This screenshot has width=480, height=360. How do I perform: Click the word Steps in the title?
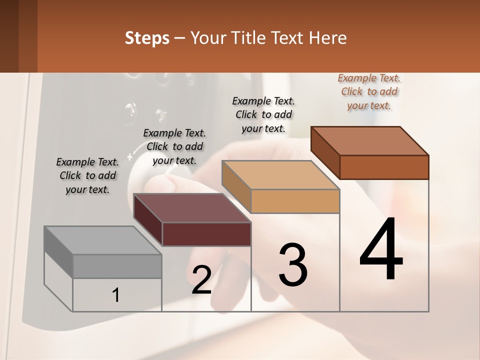point(147,38)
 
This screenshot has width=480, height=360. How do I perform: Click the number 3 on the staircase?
point(293,264)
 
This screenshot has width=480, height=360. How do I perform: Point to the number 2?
point(201,279)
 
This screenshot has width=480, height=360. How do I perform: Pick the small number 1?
point(116,295)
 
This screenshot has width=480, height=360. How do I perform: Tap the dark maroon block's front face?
point(206,234)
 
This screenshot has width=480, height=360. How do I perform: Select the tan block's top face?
point(280,175)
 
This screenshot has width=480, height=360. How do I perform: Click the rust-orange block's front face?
point(384,167)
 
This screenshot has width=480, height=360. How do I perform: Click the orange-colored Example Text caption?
point(369,91)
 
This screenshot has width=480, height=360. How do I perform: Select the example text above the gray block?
point(87,175)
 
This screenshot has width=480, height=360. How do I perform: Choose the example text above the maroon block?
point(174,146)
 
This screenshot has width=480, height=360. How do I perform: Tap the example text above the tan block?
point(263,114)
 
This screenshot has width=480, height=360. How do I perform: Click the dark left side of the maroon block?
point(148,220)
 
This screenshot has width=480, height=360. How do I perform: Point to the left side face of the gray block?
point(58,252)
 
